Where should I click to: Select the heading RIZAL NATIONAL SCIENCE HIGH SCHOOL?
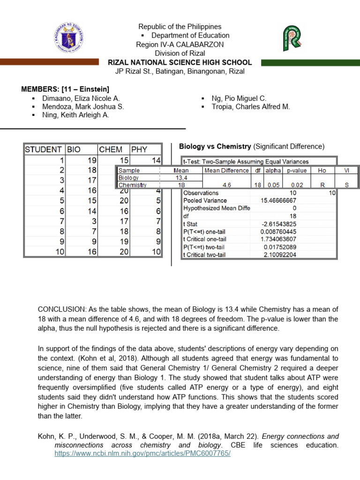click(180, 62)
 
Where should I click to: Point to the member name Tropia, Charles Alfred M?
click(251, 107)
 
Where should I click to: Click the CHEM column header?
click(111, 150)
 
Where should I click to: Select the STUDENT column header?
click(44, 150)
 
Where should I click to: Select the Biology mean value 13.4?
click(181, 178)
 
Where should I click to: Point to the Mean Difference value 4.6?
click(227, 185)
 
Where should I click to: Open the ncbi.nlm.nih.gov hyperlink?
click(142, 454)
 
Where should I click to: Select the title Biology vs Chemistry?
click(215, 146)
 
